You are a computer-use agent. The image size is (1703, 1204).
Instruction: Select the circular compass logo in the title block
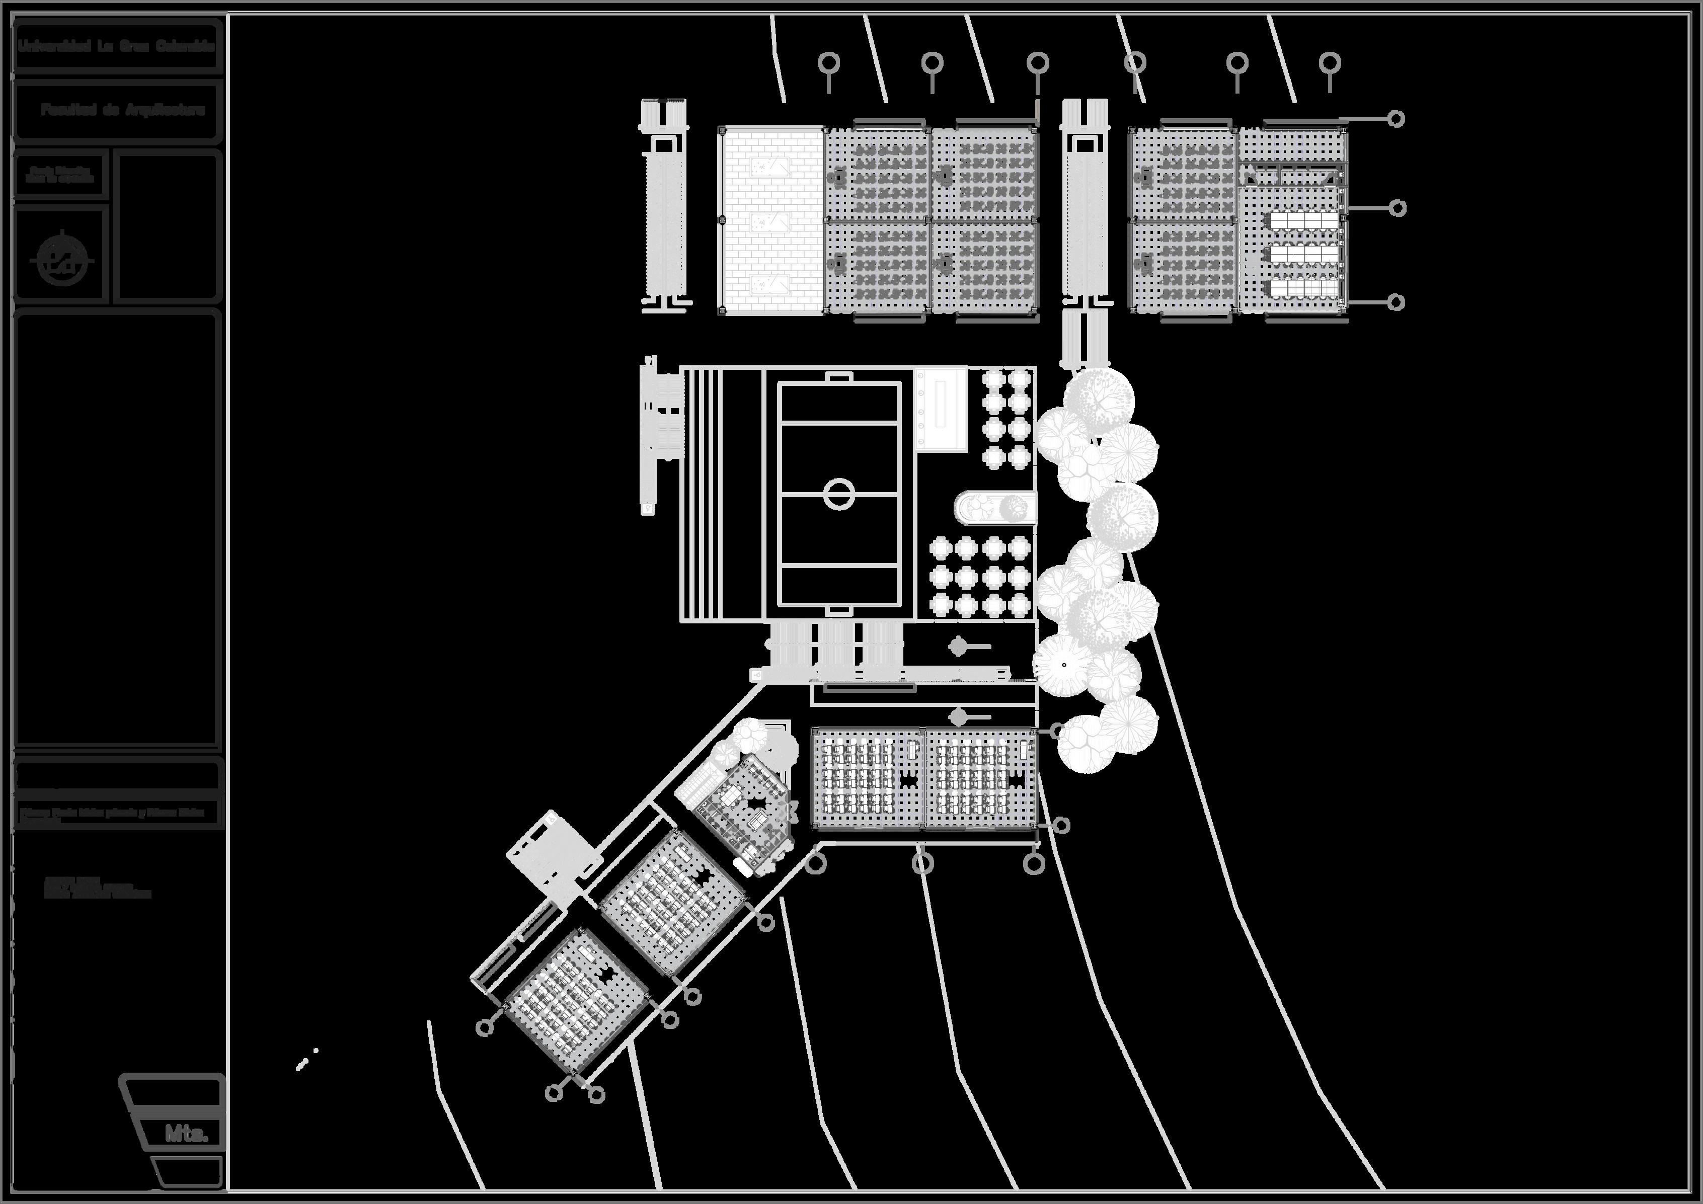click(x=62, y=260)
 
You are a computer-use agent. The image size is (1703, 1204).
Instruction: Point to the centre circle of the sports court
click(x=839, y=494)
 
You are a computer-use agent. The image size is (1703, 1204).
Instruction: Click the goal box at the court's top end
click(x=839, y=378)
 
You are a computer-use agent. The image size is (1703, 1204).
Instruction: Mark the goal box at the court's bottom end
click(x=839, y=610)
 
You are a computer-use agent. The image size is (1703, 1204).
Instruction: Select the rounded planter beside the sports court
click(x=994, y=508)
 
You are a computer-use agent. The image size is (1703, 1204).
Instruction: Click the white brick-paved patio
click(x=772, y=220)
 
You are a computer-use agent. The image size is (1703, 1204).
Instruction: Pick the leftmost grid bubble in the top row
click(x=828, y=63)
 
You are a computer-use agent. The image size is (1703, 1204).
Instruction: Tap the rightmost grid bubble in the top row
click(x=1330, y=63)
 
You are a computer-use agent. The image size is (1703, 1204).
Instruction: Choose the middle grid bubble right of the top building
click(x=1398, y=208)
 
